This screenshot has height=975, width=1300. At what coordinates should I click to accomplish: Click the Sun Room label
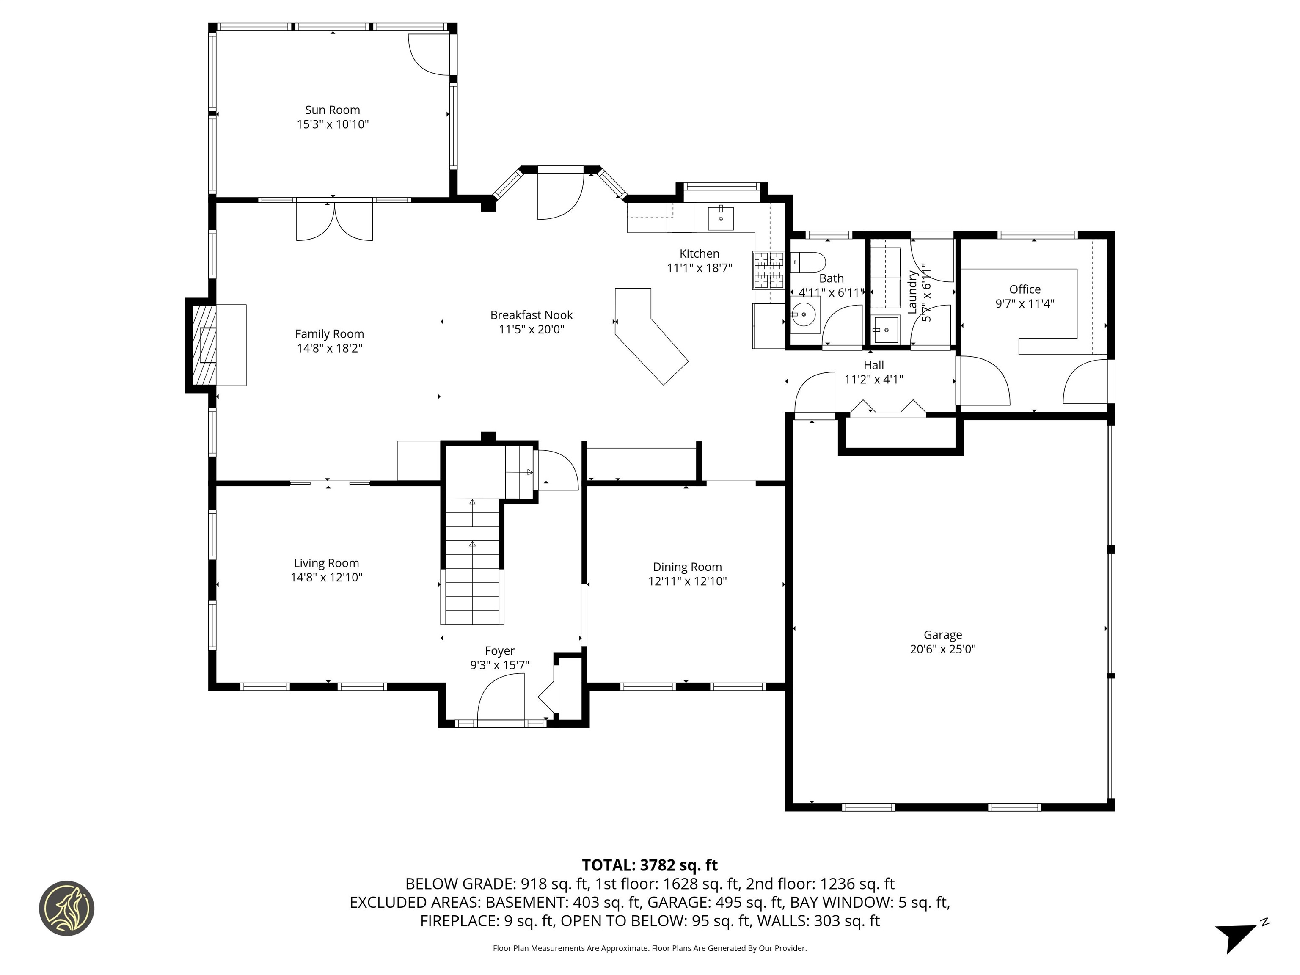click(332, 110)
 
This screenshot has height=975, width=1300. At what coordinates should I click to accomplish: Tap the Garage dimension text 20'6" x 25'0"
click(943, 649)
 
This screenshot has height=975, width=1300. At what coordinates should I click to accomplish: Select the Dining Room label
click(687, 567)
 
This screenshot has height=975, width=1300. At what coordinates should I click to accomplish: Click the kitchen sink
click(721, 218)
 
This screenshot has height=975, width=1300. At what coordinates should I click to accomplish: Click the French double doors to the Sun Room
click(334, 220)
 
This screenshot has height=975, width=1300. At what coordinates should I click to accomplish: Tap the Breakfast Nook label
click(531, 315)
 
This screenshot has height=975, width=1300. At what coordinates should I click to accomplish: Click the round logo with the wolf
click(66, 908)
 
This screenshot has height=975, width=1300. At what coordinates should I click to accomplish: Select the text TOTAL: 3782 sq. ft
click(650, 865)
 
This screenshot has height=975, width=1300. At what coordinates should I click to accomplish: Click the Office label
click(1025, 289)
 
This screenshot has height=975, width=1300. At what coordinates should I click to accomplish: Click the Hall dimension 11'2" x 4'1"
click(873, 379)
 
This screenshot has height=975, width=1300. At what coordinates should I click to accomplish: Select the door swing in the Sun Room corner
click(430, 54)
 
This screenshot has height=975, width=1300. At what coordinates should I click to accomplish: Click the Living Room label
click(326, 563)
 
